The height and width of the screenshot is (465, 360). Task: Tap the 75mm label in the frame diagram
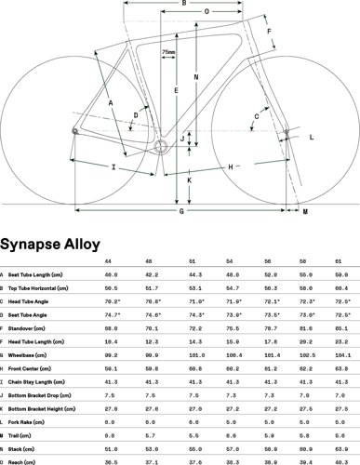pyautogui.click(x=168, y=52)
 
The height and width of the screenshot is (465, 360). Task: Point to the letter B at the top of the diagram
pyautogui.click(x=184, y=5)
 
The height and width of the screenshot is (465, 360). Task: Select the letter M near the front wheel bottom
pyautogui.click(x=306, y=213)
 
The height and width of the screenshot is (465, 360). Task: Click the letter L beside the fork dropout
pyautogui.click(x=311, y=136)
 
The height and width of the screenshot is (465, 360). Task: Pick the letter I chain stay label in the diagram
pyautogui.click(x=113, y=168)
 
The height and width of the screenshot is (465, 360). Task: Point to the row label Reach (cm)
pyautogui.click(x=24, y=459)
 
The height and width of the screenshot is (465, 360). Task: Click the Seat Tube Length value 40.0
pyautogui.click(x=113, y=275)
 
